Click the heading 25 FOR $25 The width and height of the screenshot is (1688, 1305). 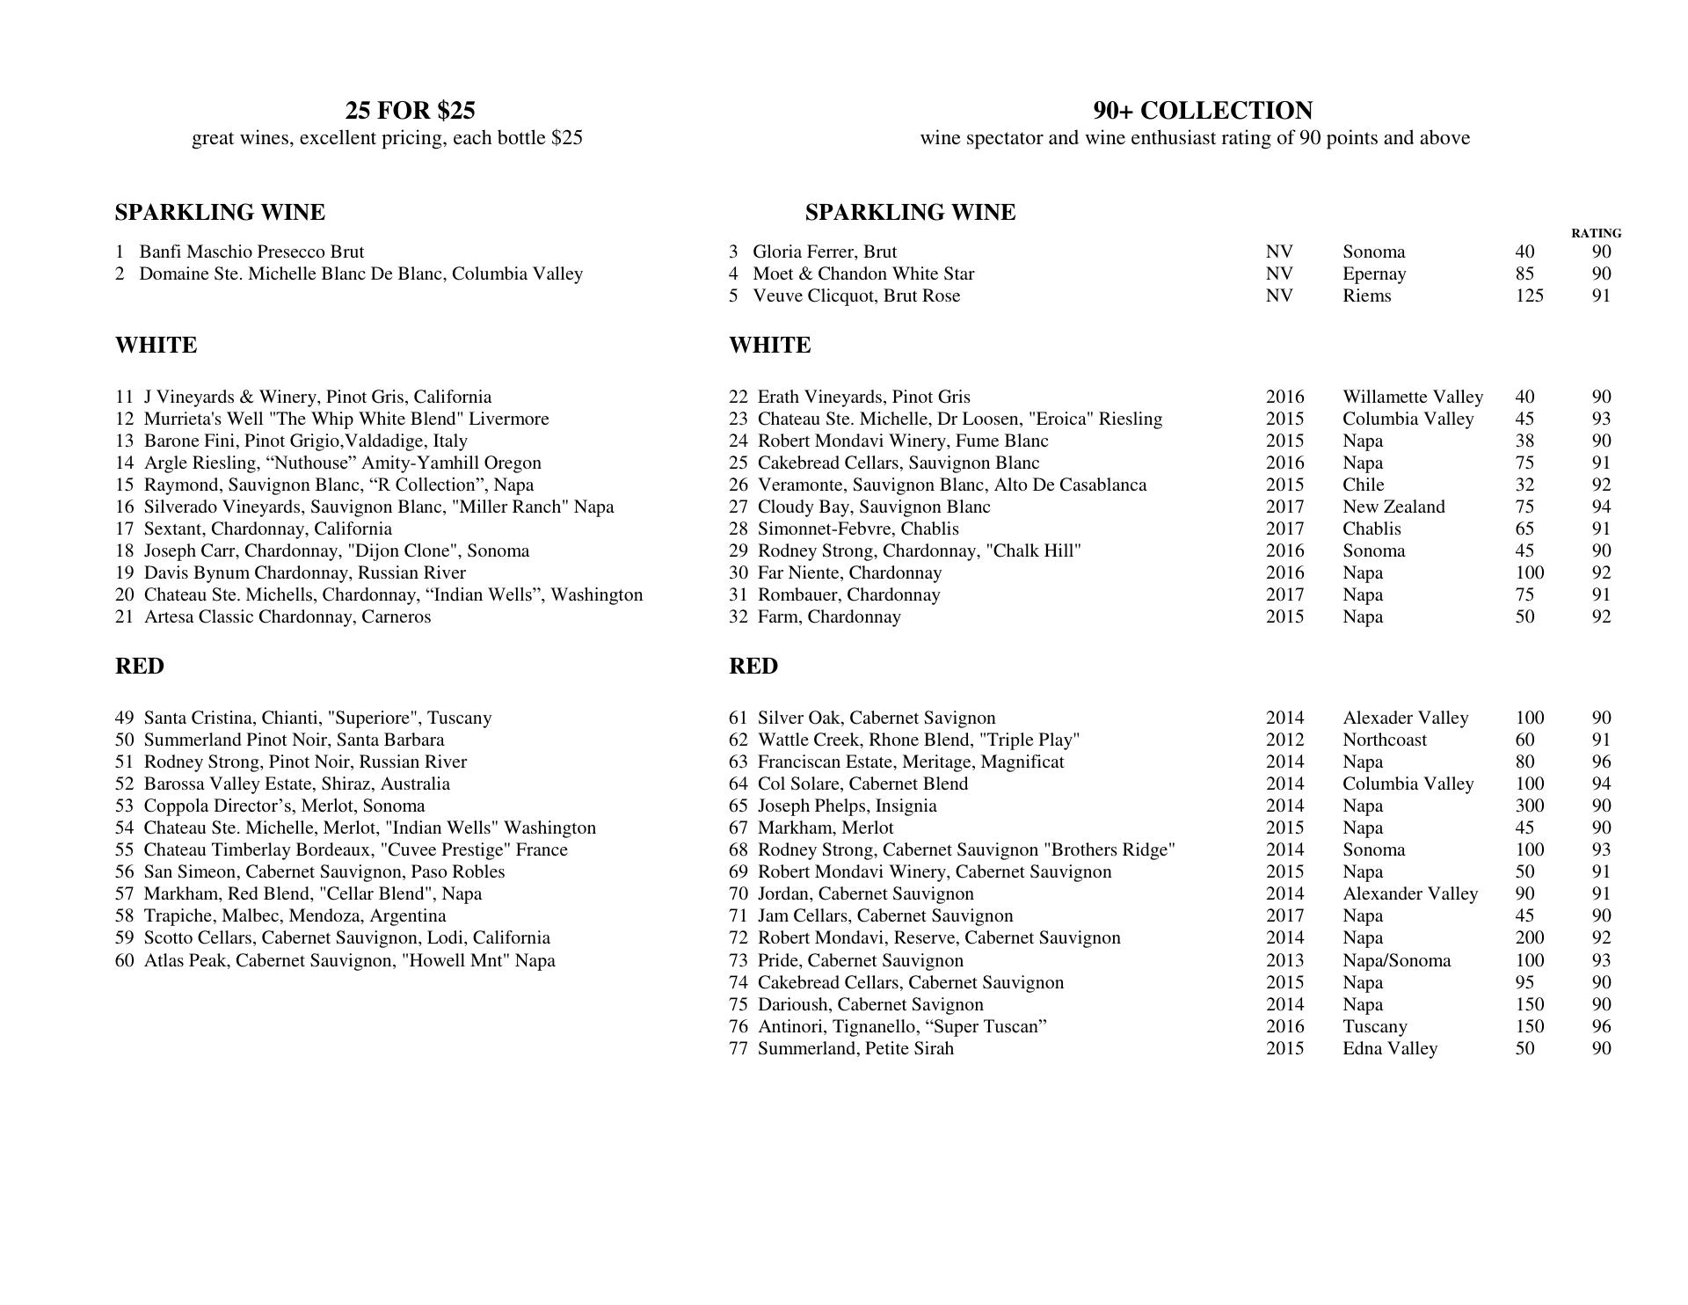pyautogui.click(x=410, y=111)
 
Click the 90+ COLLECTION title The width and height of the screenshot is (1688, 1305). pyautogui.click(x=1203, y=111)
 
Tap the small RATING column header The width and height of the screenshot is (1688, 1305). pyautogui.click(x=1596, y=233)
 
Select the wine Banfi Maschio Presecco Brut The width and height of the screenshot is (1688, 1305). pyautogui.click(x=251, y=252)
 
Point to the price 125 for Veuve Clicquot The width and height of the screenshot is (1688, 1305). pyautogui.click(x=1529, y=296)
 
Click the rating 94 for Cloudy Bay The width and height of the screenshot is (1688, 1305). pyautogui.click(x=1601, y=507)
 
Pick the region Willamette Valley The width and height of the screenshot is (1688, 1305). pyautogui.click(x=1412, y=397)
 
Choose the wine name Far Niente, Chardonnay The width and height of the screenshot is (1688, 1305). pyautogui.click(x=849, y=573)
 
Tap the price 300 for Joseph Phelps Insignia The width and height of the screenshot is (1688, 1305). pyautogui.click(x=1529, y=806)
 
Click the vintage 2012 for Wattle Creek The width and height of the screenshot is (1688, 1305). pyautogui.click(x=1284, y=740)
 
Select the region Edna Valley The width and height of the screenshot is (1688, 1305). pyautogui.click(x=1389, y=1049)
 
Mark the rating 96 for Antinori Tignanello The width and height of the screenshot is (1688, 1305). pyautogui.click(x=1601, y=1027)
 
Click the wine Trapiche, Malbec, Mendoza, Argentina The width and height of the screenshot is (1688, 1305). pyautogui.click(x=295, y=916)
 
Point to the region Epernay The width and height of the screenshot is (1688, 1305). pyautogui.click(x=1373, y=274)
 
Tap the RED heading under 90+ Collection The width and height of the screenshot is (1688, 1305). pyautogui.click(x=753, y=667)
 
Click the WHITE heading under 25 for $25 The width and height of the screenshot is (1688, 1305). pyautogui.click(x=156, y=346)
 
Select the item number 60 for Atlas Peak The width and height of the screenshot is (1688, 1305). pyautogui.click(x=124, y=961)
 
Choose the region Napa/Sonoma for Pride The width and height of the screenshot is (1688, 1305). pyautogui.click(x=1396, y=961)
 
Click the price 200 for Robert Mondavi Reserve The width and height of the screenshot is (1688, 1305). pyautogui.click(x=1529, y=938)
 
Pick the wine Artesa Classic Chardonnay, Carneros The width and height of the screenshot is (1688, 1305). pyautogui.click(x=287, y=617)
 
